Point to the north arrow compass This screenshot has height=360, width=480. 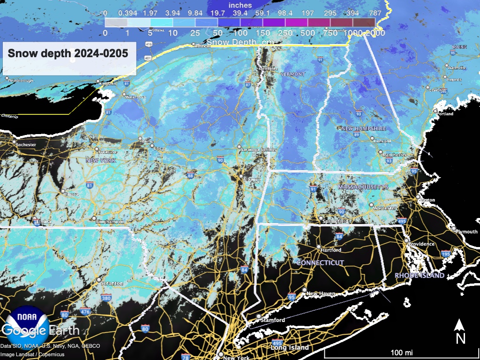pos(460,330)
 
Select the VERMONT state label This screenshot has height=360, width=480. pos(292,74)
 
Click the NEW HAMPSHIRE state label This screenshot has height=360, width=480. pos(364,128)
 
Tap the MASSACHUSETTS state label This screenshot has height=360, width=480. pos(363,187)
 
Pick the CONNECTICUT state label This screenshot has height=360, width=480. pos(320,263)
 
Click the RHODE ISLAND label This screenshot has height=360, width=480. pos(420,276)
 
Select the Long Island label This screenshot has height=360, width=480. pos(290,347)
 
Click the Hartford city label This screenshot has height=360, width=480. pos(331,250)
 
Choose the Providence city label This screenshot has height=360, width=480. pos(421,244)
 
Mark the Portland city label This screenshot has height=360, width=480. pos(445,114)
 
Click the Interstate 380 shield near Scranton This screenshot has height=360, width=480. pos(106,298)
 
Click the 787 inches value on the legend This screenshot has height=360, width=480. pos(374,13)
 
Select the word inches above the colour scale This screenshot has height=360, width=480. pos(240,5)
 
